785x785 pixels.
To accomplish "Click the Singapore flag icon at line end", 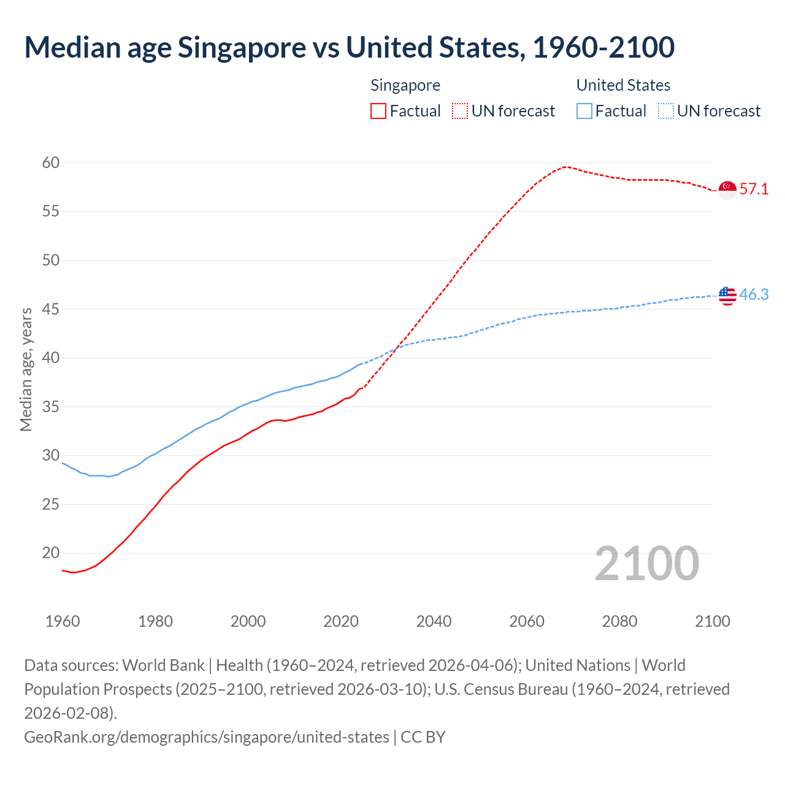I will click(727, 190).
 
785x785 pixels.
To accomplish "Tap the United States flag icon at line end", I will click(727, 296).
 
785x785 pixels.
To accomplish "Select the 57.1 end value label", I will click(754, 189).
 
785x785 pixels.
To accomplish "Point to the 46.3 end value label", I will click(754, 294).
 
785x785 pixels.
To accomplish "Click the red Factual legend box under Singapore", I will click(378, 111).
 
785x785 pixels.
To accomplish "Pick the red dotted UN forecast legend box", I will click(460, 111).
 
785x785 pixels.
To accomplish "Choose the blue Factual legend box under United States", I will click(584, 111).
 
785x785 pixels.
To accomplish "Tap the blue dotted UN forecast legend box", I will click(665, 111).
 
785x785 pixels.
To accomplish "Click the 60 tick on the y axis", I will click(51, 163).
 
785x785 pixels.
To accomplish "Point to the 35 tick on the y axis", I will click(51, 407).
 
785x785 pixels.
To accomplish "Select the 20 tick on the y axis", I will click(51, 553).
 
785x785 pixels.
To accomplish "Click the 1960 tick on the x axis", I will click(63, 621).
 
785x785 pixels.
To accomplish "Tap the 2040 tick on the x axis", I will click(434, 621).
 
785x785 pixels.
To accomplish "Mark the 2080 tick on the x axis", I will click(619, 621).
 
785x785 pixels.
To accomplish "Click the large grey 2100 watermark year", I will click(646, 564).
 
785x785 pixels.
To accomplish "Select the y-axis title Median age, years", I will click(26, 370).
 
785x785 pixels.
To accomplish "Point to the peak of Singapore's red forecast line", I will click(565, 166).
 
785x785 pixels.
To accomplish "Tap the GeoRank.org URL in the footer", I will click(206, 737).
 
